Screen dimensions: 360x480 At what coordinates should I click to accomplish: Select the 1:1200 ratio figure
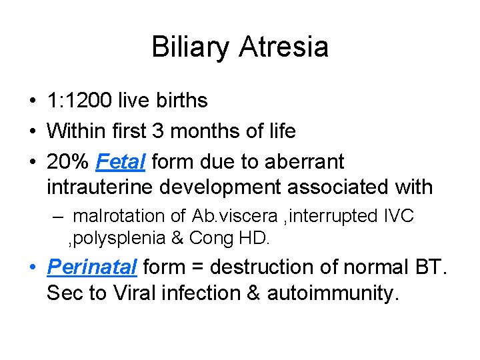tap(79, 101)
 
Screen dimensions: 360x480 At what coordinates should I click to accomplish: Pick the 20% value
tap(68, 161)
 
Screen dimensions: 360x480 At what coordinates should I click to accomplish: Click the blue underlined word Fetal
tap(122, 161)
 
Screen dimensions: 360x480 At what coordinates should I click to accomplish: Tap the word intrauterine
tap(100, 187)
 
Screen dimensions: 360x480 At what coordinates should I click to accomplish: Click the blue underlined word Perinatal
tap(91, 267)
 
